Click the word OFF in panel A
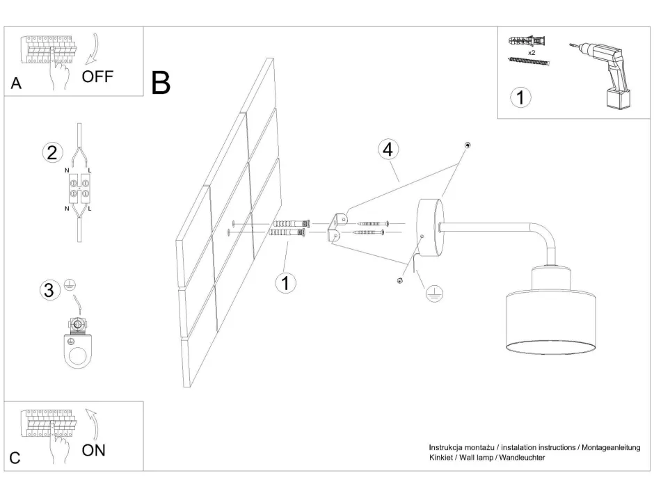pos(97,77)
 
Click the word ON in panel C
pos(94,450)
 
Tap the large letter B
pos(161,84)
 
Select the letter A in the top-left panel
pos(16,84)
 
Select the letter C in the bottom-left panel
pos(15,458)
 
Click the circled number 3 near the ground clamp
pos(49,291)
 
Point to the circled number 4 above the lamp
pos(388,149)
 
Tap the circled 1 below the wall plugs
pos(285,282)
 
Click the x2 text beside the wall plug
pos(531,52)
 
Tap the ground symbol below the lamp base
pos(433,294)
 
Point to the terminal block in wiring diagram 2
pos(80,188)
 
